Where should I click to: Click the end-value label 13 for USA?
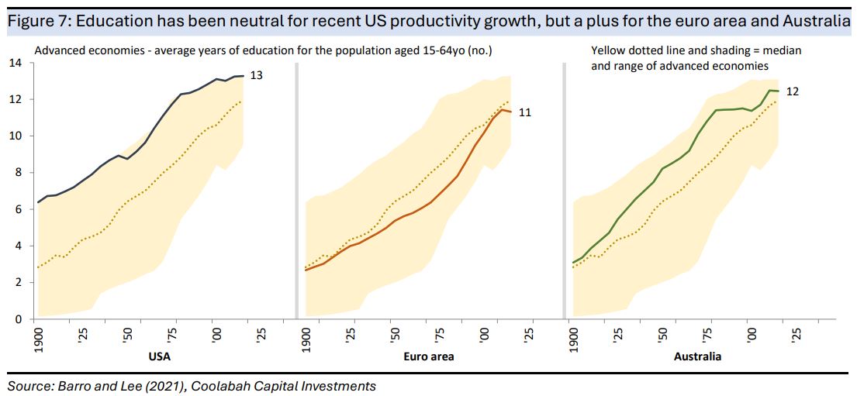tap(256, 76)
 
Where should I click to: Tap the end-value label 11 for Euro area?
tap(525, 112)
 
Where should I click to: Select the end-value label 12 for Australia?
tap(793, 91)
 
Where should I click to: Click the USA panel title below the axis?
tap(158, 357)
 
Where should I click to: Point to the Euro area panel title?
tap(427, 357)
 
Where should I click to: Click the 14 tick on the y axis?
tap(15, 63)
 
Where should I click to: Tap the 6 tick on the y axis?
tap(18, 209)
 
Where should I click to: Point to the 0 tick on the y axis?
tap(18, 319)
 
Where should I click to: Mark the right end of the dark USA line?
tap(244, 76)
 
